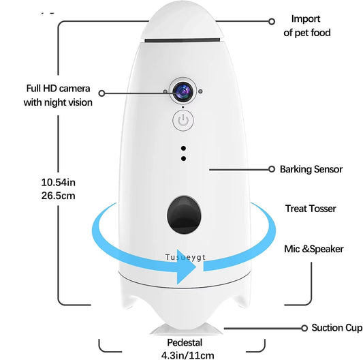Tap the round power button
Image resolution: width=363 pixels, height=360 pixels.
pyautogui.click(x=181, y=121)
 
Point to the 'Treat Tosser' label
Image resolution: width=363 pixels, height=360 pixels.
pyautogui.click(x=310, y=209)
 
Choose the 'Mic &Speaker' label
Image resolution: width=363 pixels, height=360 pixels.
pyautogui.click(x=313, y=249)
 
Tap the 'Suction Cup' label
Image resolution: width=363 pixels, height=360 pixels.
pyautogui.click(x=336, y=328)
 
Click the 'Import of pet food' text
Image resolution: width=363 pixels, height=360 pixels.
pyautogui.click(x=306, y=26)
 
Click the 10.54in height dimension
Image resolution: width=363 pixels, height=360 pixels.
pyautogui.click(x=58, y=182)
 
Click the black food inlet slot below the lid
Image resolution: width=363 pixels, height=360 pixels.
pyautogui.click(x=181, y=40)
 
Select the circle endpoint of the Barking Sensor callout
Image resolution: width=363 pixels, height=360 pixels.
pyautogui.click(x=273, y=168)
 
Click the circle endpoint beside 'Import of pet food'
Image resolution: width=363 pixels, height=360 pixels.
pyautogui.click(x=272, y=21)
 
